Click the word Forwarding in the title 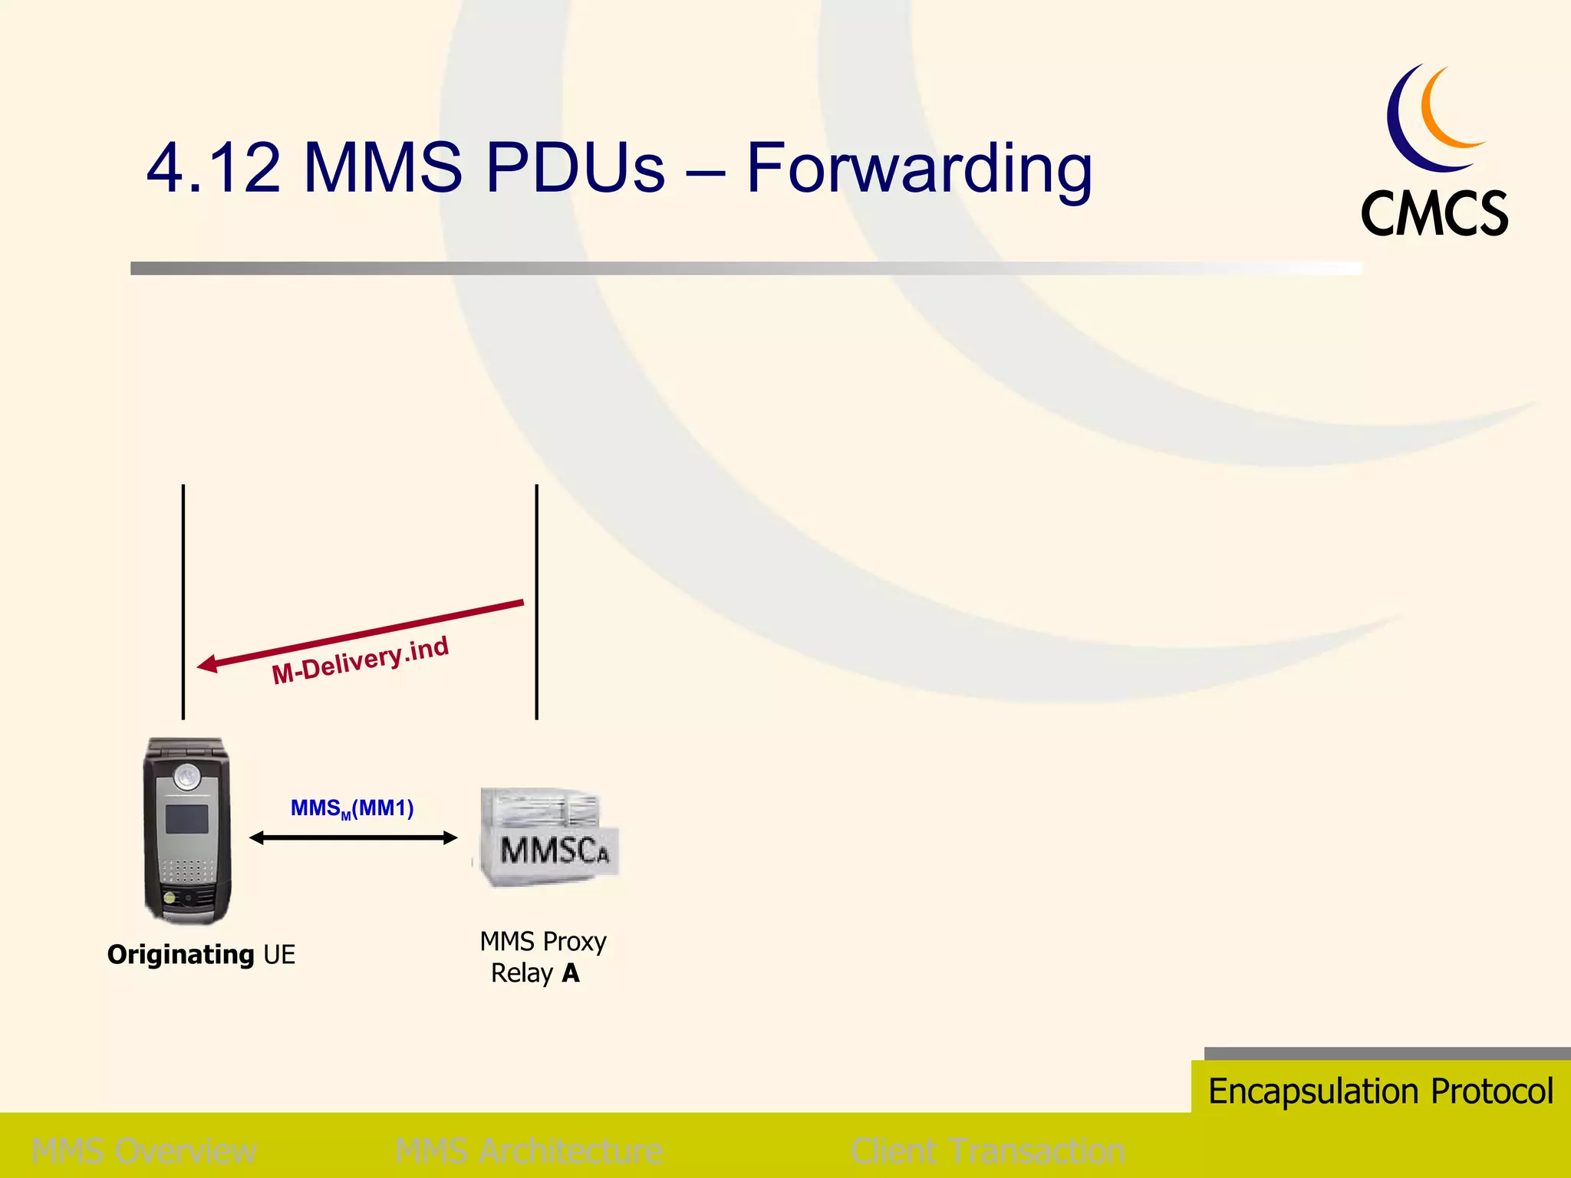[918, 169]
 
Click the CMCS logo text [1434, 214]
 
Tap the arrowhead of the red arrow [207, 664]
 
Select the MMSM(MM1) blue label [352, 808]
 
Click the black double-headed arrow [354, 838]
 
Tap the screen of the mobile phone [187, 819]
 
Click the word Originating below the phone [181, 955]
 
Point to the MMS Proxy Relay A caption [542, 957]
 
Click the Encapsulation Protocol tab [1381, 1091]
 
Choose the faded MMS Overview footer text [144, 1151]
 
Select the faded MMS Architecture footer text [529, 1151]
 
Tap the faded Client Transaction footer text [987, 1151]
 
